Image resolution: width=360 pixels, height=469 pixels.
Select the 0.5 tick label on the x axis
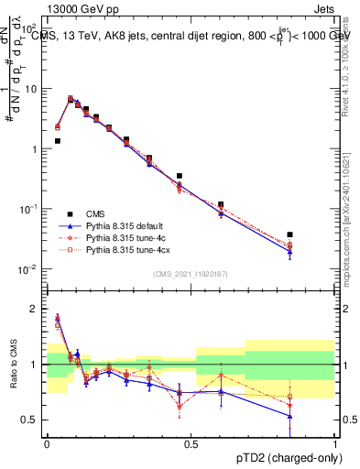coord(191,443)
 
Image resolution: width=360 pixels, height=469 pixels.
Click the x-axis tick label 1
coord(335,443)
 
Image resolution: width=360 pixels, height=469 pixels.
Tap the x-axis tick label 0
coord(47,443)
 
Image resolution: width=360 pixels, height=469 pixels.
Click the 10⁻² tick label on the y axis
coord(31,269)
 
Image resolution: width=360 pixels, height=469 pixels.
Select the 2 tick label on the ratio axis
coord(36,309)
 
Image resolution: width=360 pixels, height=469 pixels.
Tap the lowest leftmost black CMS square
coord(57,141)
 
